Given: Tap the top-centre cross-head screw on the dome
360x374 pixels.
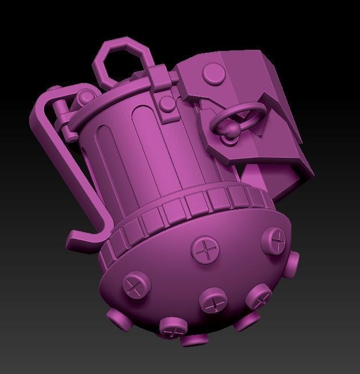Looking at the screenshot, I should click(203, 249).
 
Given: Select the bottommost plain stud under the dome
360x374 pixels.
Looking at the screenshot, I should click(191, 339).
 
